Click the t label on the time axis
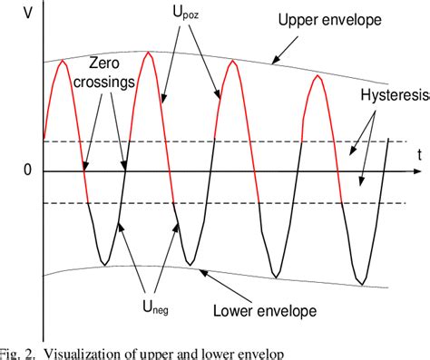419,155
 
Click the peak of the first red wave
62,61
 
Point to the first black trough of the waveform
106,264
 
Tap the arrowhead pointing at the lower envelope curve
197,269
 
